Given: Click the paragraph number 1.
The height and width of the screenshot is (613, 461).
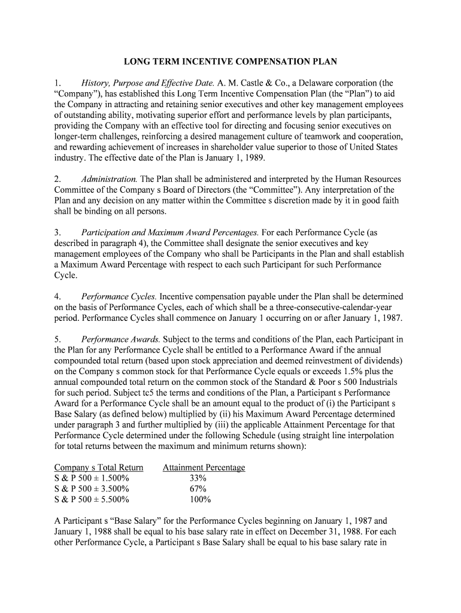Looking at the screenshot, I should [57, 83].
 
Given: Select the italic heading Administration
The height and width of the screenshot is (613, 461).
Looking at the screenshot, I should [110, 180].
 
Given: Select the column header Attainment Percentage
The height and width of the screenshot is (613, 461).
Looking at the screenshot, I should [204, 468].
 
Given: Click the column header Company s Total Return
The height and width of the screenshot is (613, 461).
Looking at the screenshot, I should [99, 468].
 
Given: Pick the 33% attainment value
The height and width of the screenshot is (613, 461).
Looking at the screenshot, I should [198, 478].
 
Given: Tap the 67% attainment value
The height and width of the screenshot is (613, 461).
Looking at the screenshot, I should [198, 489].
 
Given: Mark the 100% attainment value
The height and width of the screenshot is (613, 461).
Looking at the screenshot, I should [199, 500].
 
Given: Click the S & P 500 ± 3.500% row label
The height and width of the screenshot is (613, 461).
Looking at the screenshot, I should [92, 489].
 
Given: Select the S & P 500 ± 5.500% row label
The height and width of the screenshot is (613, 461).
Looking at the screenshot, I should [92, 500].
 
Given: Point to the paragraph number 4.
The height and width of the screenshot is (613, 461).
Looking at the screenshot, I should [57, 296].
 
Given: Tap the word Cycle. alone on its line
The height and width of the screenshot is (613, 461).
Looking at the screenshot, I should [66, 275].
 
